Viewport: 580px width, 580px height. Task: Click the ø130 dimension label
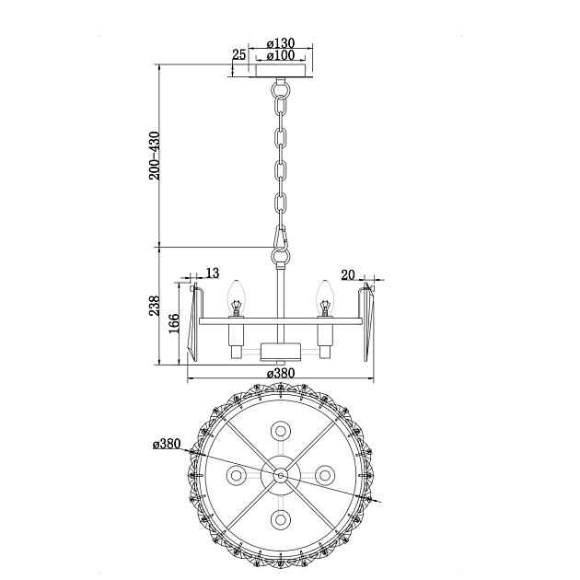point(280,43)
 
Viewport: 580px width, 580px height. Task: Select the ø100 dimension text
point(280,56)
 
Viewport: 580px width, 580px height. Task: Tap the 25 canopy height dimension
point(239,55)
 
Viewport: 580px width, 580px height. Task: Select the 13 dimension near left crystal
point(213,273)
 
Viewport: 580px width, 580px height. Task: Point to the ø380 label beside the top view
point(167,444)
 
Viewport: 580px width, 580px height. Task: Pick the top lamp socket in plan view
point(280,431)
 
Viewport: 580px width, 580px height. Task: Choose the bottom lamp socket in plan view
point(280,519)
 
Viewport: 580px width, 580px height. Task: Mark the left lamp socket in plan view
point(236,475)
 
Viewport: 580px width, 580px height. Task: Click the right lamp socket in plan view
point(324,475)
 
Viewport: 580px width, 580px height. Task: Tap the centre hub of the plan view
point(280,475)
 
